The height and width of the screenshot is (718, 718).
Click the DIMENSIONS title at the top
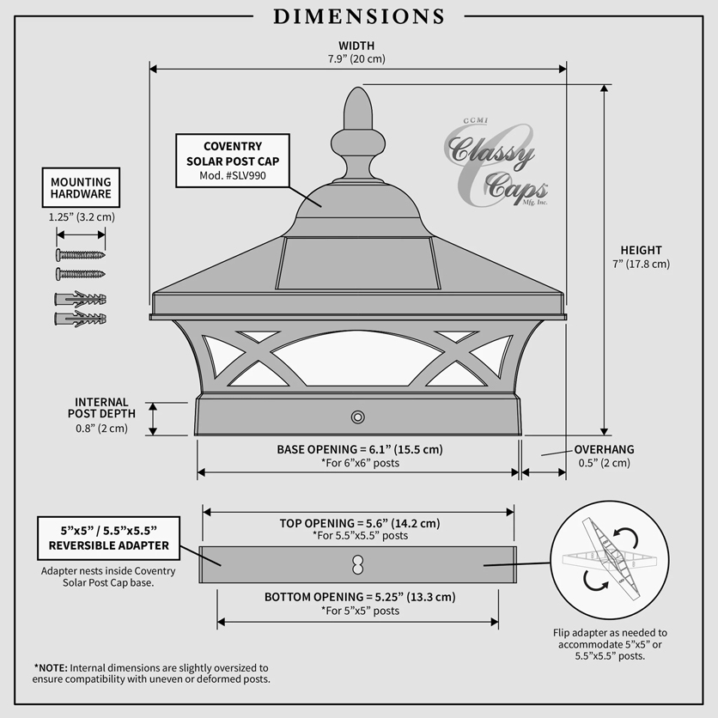pos(358,16)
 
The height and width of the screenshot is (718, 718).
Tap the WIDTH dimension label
pos(356,46)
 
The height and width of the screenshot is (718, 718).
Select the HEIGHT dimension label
pos(641,251)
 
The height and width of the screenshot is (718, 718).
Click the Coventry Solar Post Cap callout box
pos(233,161)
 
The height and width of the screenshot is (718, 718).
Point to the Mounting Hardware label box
pos(81,188)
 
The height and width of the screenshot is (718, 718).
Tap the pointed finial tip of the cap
pos(357,88)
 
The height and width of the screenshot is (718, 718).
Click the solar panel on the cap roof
pos(357,264)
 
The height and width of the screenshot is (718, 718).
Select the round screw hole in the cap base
pos(357,417)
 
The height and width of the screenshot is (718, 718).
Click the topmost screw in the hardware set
pos(81,254)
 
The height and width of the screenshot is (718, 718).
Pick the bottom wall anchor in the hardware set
pos(81,319)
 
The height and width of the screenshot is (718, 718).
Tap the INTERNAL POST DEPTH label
pos(101,408)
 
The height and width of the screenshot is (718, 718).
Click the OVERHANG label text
pos(604,449)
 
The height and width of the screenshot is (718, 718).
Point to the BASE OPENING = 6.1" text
pos(360,449)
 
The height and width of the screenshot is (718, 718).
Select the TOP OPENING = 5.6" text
pos(360,523)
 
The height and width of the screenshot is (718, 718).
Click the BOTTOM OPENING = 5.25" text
pos(360,597)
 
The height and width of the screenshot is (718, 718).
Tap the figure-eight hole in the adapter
pos(357,565)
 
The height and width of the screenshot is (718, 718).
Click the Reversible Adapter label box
pos(108,538)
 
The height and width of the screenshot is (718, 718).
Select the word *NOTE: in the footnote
pos(51,667)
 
